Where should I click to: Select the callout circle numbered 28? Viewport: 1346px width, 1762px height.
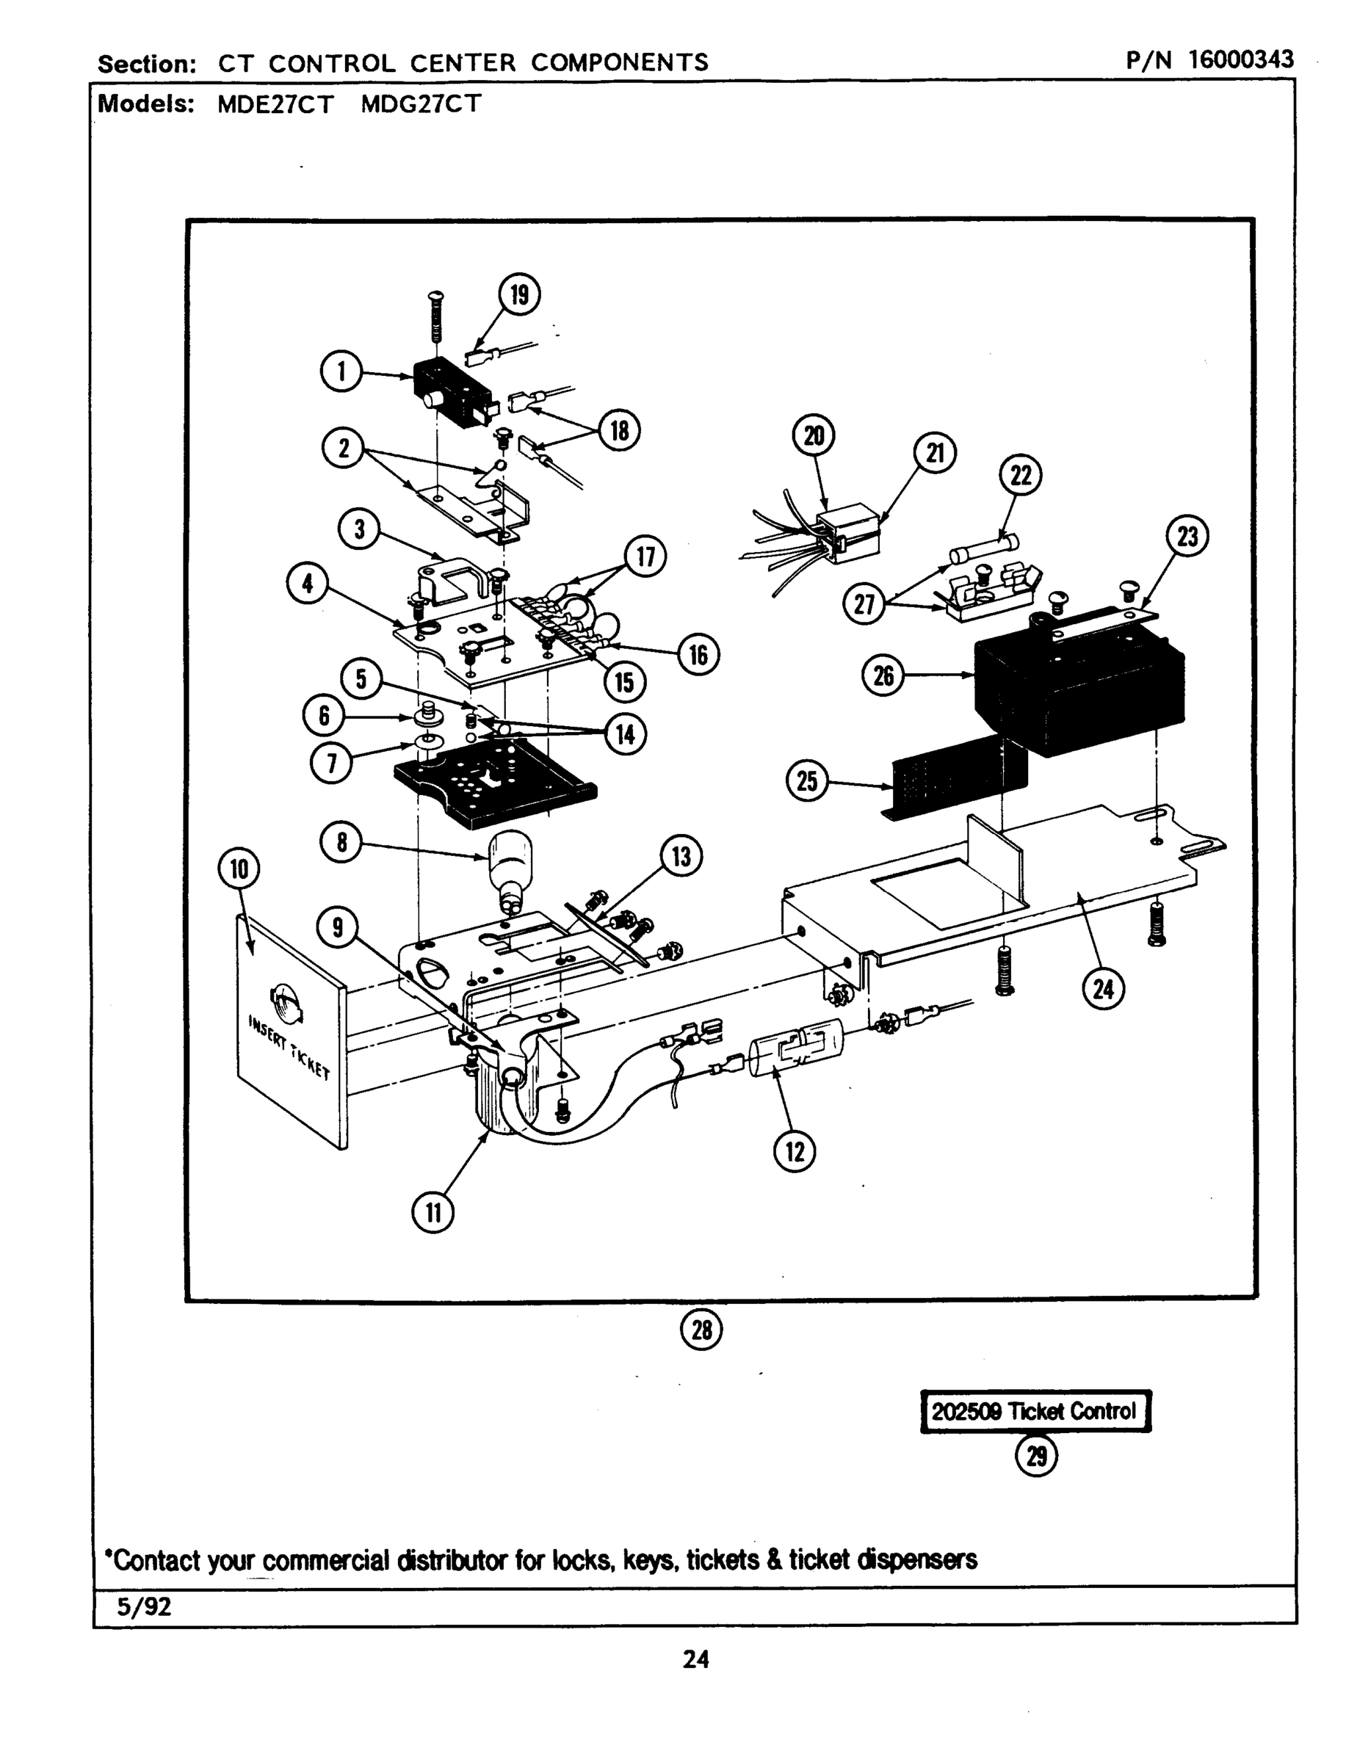click(x=701, y=1330)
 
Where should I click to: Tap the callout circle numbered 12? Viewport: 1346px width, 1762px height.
click(x=794, y=1152)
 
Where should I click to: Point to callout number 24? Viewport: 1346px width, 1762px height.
click(x=1103, y=989)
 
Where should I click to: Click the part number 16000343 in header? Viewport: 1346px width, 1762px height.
click(x=1240, y=59)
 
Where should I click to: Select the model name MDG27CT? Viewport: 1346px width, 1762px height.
click(x=421, y=104)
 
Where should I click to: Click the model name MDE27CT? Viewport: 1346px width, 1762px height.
click(x=275, y=104)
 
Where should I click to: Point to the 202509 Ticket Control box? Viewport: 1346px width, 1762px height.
click(x=1035, y=1411)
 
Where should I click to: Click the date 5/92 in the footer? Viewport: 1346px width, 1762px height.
click(x=144, y=1606)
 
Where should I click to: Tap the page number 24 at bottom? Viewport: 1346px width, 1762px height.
click(x=695, y=1658)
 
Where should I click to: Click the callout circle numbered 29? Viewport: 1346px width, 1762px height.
click(x=1036, y=1456)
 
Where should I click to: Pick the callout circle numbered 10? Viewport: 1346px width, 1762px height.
click(x=239, y=869)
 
